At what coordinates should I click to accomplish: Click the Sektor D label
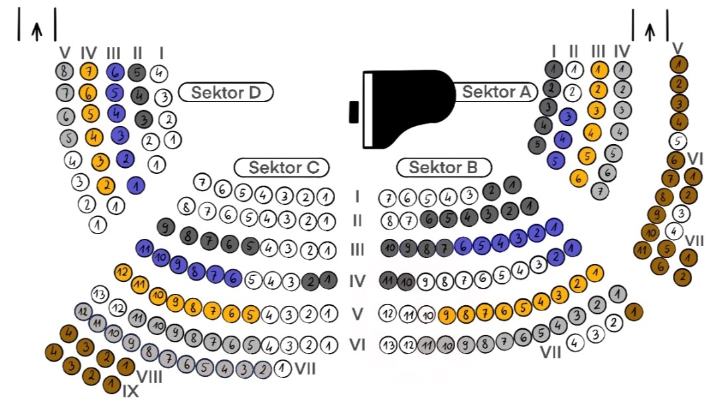click(x=226, y=92)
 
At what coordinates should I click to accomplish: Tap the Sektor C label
click(x=282, y=167)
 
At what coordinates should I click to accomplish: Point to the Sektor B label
click(x=444, y=167)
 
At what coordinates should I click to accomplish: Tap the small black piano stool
click(x=354, y=111)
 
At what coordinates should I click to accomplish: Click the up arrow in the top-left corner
click(x=37, y=30)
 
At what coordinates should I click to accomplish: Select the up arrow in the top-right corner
click(x=650, y=30)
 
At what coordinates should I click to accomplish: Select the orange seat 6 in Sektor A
click(x=578, y=177)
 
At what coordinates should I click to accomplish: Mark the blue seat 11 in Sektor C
click(x=144, y=249)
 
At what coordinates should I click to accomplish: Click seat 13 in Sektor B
click(x=390, y=345)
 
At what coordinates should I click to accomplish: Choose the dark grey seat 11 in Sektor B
click(x=388, y=281)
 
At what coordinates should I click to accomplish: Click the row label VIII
click(x=150, y=378)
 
